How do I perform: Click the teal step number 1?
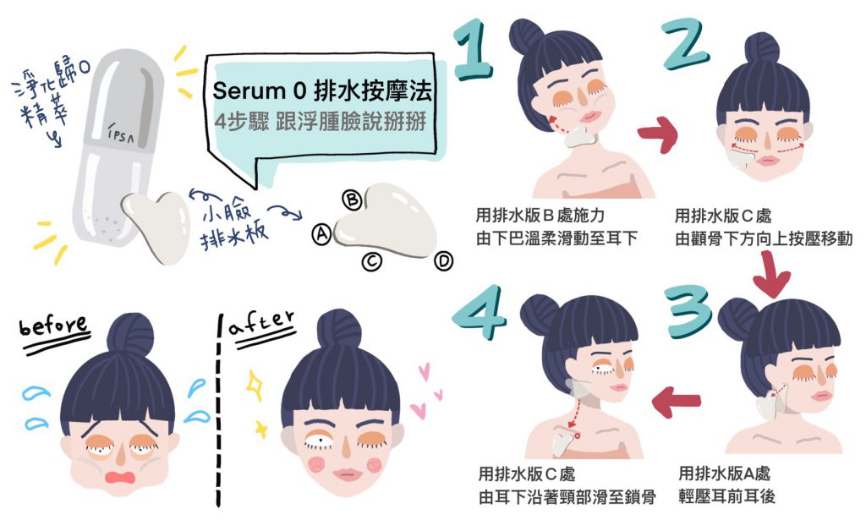click(473, 50)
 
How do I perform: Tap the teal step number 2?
click(685, 44)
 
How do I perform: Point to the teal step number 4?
click(479, 312)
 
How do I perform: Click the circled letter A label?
click(321, 234)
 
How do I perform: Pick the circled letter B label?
click(352, 200)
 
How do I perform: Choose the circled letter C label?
click(372, 261)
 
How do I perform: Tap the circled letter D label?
click(443, 260)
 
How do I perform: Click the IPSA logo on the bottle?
click(121, 133)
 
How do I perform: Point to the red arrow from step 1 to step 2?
click(657, 134)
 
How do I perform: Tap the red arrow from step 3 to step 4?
click(676, 402)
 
